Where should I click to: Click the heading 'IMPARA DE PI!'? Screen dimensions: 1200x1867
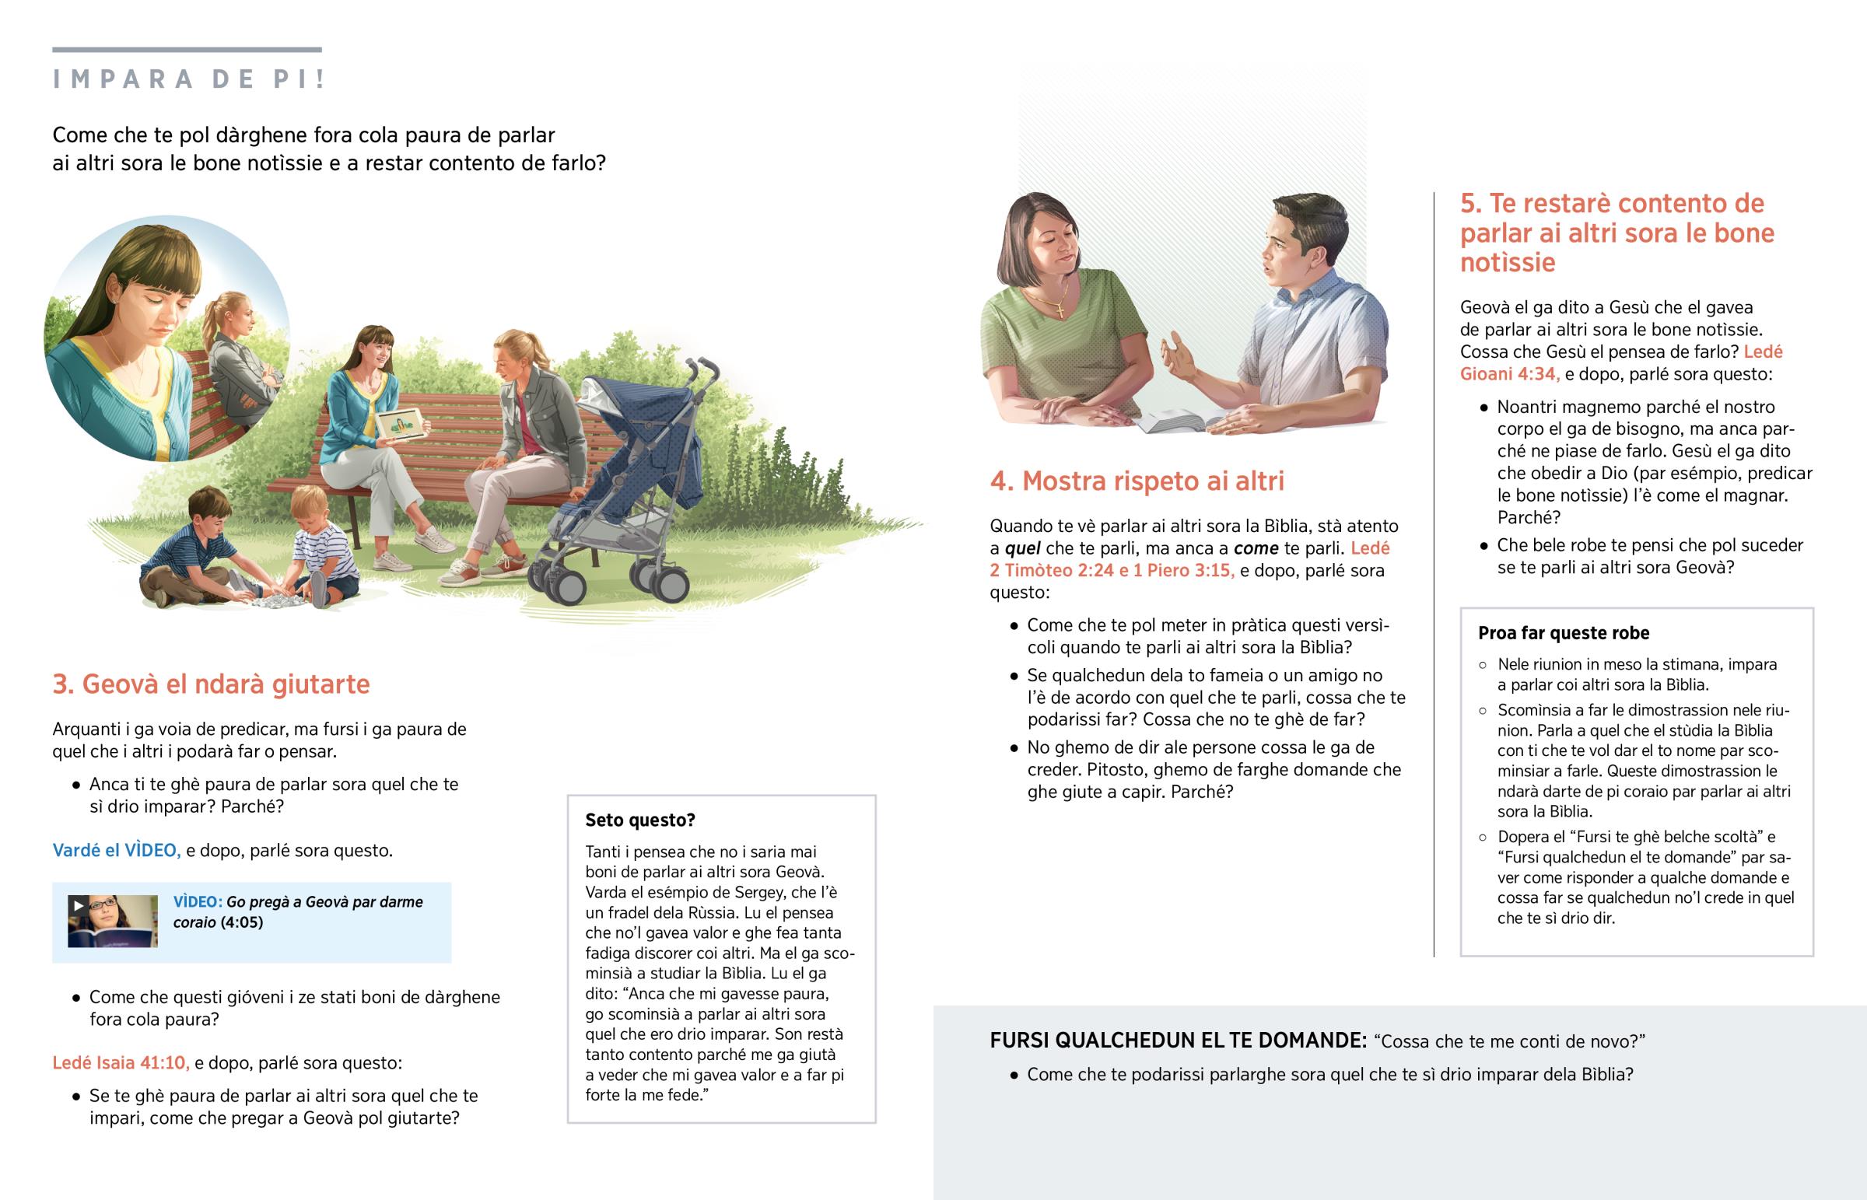pos(188,79)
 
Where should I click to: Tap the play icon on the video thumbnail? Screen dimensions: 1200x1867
pos(78,905)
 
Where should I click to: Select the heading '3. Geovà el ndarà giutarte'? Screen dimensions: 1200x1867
pos(210,684)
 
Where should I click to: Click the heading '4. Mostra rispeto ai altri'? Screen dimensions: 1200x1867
pos(1137,481)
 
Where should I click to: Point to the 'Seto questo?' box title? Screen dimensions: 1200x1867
pos(639,820)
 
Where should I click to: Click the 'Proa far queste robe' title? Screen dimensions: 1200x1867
pos(1563,633)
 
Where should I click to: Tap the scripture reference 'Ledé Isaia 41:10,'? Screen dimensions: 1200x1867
pos(120,1063)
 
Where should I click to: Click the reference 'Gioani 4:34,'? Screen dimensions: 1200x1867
pos(1509,374)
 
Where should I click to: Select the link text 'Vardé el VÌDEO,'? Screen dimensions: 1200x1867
pos(116,850)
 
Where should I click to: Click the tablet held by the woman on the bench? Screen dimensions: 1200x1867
pos(400,425)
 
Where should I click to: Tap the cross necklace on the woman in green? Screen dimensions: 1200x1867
pos(1060,310)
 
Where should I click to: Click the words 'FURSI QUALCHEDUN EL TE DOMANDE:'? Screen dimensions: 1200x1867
pos(1177,1041)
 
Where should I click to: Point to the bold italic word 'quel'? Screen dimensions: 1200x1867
pos(1022,548)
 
